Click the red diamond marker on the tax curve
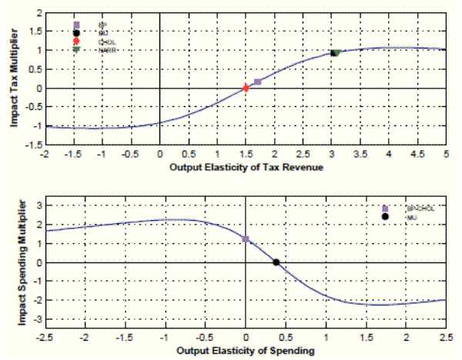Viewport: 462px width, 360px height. coord(246,88)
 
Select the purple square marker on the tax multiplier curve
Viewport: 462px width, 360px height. coord(257,82)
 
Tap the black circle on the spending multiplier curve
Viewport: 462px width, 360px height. coord(276,262)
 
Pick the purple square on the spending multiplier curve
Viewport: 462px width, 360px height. coord(246,239)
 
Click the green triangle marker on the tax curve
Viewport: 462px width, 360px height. coord(336,53)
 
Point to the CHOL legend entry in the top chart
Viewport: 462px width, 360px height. coord(105,42)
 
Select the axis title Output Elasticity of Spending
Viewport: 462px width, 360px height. coord(246,352)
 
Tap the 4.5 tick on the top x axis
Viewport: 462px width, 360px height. coord(417,154)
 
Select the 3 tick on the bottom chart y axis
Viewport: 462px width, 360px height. coord(33,207)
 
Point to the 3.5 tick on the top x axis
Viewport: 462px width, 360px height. coord(360,154)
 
